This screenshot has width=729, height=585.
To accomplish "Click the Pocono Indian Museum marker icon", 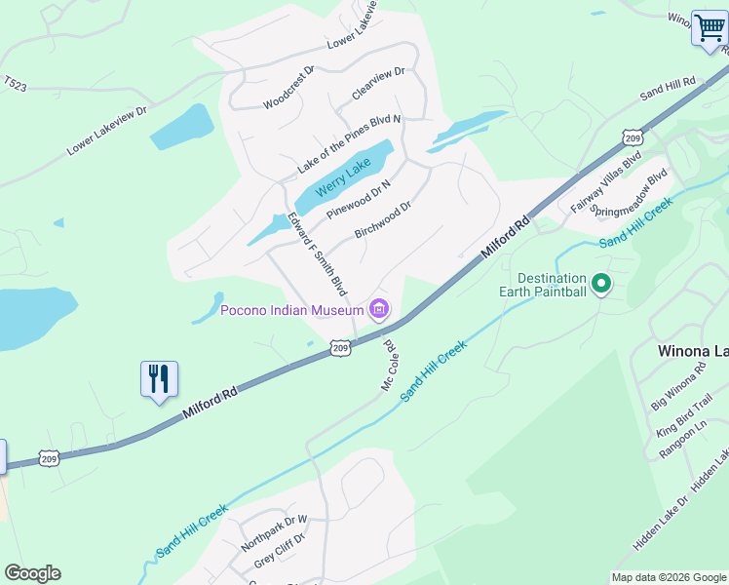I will [379, 310].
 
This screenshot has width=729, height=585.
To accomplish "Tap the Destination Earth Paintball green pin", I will [601, 285].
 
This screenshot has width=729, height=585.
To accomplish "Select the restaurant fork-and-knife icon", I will [159, 378].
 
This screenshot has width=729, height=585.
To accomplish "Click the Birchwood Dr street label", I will [383, 220].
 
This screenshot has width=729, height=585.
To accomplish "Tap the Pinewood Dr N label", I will [358, 199].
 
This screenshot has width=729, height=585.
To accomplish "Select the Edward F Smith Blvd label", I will [318, 253].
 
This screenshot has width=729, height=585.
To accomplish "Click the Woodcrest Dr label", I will [289, 86].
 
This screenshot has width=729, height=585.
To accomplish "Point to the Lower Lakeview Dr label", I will [106, 131].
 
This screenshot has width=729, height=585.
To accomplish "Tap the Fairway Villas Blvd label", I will [605, 181].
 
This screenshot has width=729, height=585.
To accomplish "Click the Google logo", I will [32, 573].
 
